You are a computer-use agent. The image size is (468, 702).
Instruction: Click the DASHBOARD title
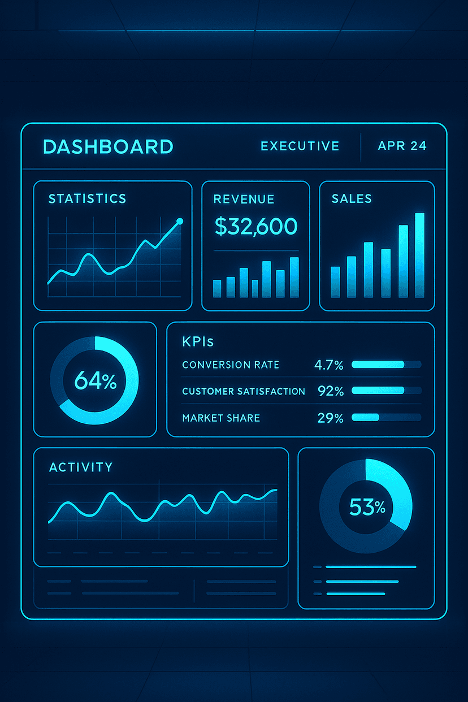pyautogui.click(x=107, y=146)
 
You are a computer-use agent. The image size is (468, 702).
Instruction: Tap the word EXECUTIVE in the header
pyautogui.click(x=300, y=146)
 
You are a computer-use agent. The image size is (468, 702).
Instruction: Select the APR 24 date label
pyautogui.click(x=402, y=146)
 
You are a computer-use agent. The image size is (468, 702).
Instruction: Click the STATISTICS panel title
pyautogui.click(x=87, y=198)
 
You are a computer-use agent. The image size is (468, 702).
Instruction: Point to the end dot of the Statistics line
pyautogui.click(x=180, y=221)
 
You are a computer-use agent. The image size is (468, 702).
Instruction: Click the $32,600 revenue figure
pyautogui.click(x=256, y=227)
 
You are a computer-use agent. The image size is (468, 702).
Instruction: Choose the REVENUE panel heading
pyautogui.click(x=244, y=199)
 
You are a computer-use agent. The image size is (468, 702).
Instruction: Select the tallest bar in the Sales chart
pyautogui.click(x=419, y=255)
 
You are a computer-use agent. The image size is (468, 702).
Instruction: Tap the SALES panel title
pyautogui.click(x=352, y=198)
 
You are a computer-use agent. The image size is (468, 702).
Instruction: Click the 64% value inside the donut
pyautogui.click(x=95, y=382)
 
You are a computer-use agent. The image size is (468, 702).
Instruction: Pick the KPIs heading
pyautogui.click(x=198, y=342)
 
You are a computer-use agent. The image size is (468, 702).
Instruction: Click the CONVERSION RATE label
pyautogui.click(x=231, y=365)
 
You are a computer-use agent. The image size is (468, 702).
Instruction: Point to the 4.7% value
pyautogui.click(x=328, y=365)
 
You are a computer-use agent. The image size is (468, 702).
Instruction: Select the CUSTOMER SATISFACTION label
pyautogui.click(x=244, y=391)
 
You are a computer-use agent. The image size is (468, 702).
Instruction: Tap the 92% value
pyautogui.click(x=330, y=391)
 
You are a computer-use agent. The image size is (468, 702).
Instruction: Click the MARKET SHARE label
pyautogui.click(x=221, y=418)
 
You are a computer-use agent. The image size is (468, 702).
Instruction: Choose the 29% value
pyautogui.click(x=330, y=418)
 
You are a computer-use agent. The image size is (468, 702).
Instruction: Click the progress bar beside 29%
pyautogui.click(x=386, y=418)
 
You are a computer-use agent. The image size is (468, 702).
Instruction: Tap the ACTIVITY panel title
pyautogui.click(x=81, y=467)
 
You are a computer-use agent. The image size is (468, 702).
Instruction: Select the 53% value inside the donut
pyautogui.click(x=367, y=507)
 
